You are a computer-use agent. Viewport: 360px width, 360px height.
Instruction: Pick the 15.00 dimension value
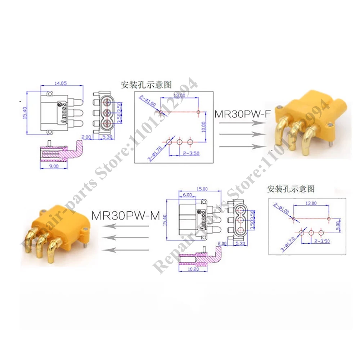click(x=202, y=188)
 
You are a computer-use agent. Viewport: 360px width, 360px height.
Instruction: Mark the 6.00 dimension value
click(x=187, y=194)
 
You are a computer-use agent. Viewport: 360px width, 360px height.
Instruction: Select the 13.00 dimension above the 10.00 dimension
click(x=179, y=95)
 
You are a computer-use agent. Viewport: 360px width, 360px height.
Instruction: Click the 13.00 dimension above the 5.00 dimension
click(x=311, y=203)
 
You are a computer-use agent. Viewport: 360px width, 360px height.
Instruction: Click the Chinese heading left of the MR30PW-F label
click(x=146, y=85)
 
